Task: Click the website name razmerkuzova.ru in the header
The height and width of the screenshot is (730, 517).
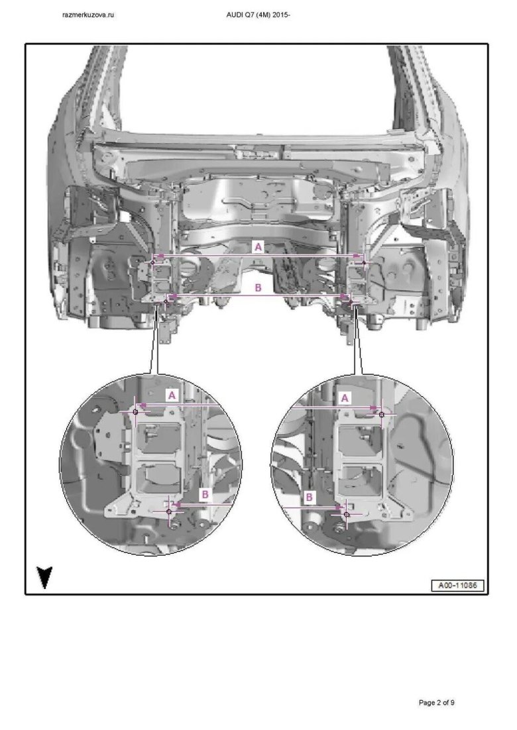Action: pyautogui.click(x=89, y=15)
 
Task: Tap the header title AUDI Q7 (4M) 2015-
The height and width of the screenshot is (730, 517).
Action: pyautogui.click(x=258, y=15)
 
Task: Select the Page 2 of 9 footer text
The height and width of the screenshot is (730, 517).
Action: pyautogui.click(x=436, y=703)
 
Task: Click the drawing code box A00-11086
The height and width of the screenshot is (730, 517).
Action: pyautogui.click(x=458, y=585)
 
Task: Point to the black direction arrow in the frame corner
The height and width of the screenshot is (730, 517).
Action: pyautogui.click(x=44, y=577)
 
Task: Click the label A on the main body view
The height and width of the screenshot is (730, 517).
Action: pyautogui.click(x=258, y=246)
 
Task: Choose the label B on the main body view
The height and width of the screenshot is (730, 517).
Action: pyautogui.click(x=258, y=287)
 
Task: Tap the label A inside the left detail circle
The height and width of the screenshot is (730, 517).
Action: pyautogui.click(x=172, y=395)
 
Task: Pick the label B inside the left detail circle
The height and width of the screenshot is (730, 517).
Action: pyautogui.click(x=204, y=494)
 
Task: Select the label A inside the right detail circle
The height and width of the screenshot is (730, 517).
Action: pyautogui.click(x=345, y=398)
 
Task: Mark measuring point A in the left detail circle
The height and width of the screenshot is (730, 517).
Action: pyautogui.click(x=135, y=412)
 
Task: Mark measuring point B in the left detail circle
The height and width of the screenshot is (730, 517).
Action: pyautogui.click(x=169, y=511)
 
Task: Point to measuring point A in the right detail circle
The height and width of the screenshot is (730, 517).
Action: pyautogui.click(x=382, y=414)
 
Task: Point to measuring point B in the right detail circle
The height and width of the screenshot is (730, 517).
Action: pyautogui.click(x=347, y=515)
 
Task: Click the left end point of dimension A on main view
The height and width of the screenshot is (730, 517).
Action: pyautogui.click(x=152, y=262)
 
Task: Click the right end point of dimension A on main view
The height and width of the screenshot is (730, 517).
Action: pyautogui.click(x=365, y=263)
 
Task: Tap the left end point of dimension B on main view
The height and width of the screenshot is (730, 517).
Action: pyautogui.click(x=166, y=301)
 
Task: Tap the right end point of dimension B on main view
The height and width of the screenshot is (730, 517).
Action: pyautogui.click(x=351, y=302)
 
